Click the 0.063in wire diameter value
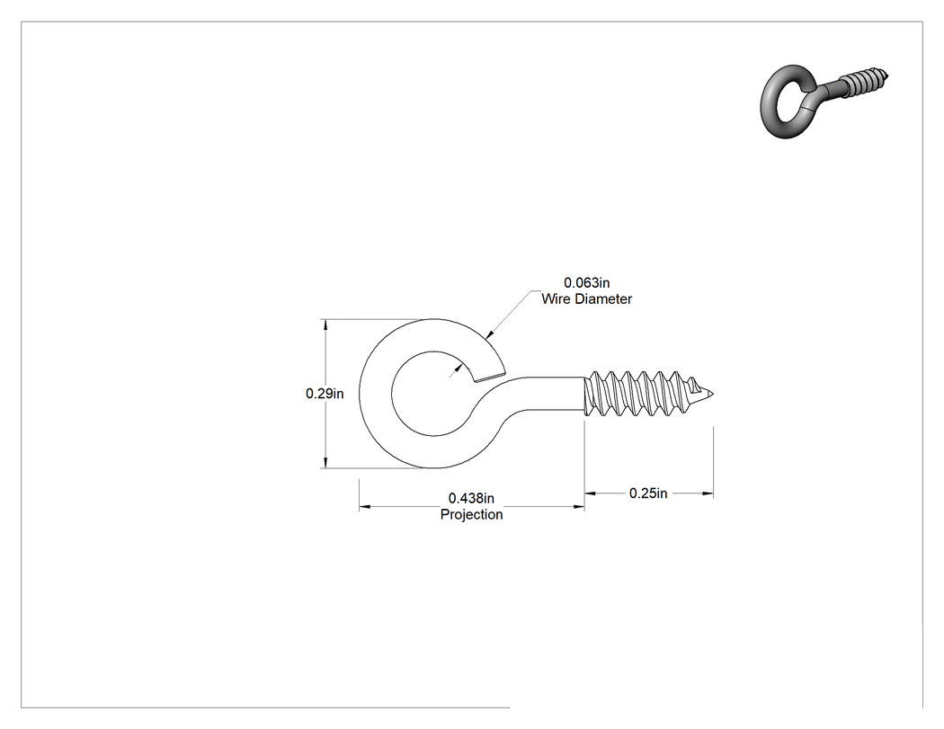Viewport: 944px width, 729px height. [586, 282]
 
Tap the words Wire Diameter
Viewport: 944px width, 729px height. [586, 298]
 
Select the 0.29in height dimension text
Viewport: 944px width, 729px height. [325, 394]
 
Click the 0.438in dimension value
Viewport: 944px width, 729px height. [471, 499]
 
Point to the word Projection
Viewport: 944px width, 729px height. [471, 515]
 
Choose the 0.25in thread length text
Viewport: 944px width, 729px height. [648, 493]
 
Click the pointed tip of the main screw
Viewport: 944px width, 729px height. [713, 395]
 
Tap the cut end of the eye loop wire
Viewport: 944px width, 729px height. [489, 377]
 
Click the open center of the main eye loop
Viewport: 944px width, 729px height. [433, 394]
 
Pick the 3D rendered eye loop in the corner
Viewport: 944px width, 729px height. [789, 102]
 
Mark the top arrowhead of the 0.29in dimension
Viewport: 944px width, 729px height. [325, 325]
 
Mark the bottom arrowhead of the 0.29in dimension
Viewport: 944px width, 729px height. [325, 462]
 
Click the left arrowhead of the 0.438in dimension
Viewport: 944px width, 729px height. [365, 507]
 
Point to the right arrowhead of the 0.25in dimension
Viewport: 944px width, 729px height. [708, 493]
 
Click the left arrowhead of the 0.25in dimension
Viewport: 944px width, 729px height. [591, 493]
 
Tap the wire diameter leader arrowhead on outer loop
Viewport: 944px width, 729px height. [489, 333]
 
